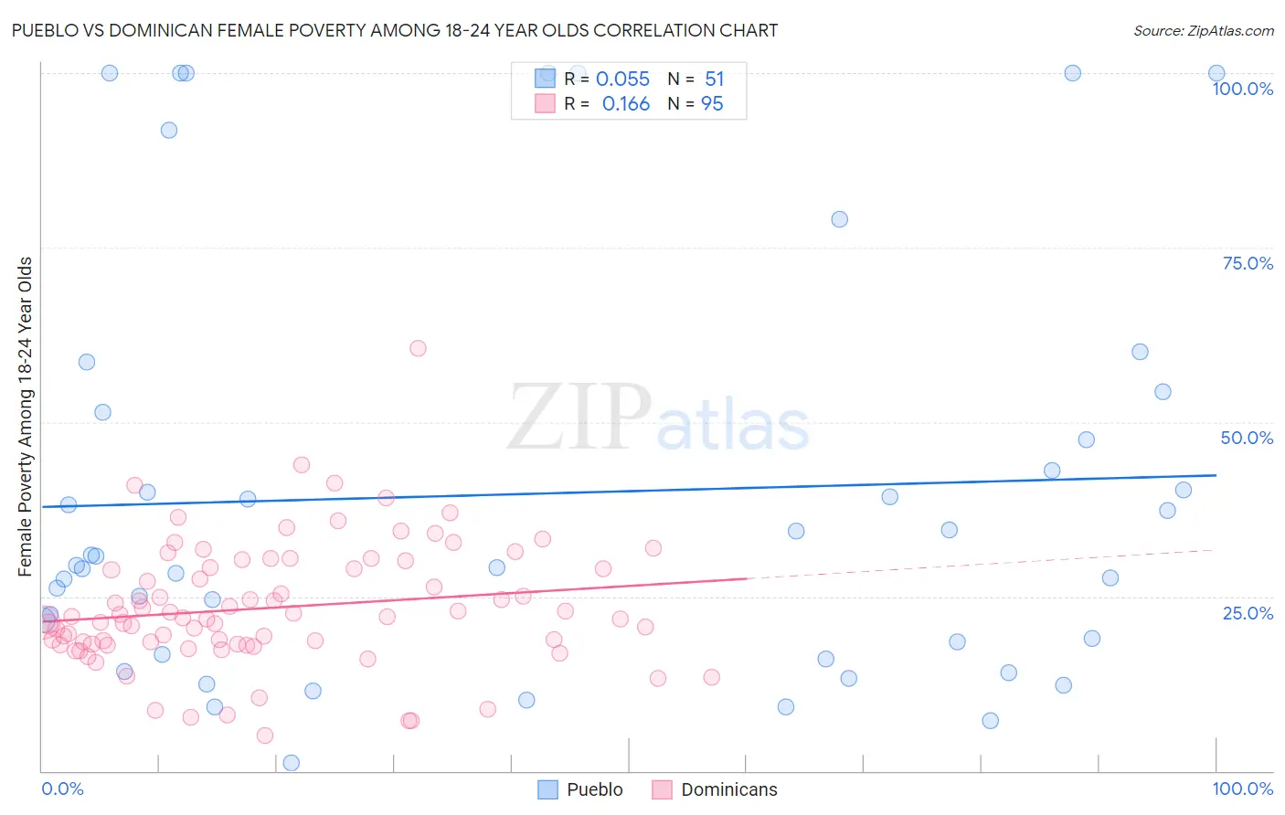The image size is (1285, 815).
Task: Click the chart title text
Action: click(x=395, y=30)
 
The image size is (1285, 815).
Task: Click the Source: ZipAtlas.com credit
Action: click(x=1203, y=30)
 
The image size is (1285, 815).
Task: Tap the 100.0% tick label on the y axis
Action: click(x=1242, y=89)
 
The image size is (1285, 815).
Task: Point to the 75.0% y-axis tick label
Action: click(x=1248, y=263)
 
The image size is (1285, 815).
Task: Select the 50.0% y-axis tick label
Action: click(x=1247, y=438)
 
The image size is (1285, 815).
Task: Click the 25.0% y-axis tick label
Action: click(x=1248, y=612)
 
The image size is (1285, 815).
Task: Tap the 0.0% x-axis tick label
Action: click(x=62, y=789)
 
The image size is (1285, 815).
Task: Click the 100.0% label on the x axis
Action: click(x=1242, y=789)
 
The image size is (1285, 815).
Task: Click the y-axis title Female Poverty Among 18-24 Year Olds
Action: click(x=26, y=417)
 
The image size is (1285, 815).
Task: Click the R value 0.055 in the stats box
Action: click(x=622, y=79)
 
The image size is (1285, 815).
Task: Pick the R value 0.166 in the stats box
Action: click(x=625, y=104)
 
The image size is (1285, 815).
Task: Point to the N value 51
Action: click(x=714, y=79)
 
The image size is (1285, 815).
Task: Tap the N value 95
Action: click(x=712, y=104)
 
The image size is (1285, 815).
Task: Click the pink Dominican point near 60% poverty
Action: click(x=418, y=348)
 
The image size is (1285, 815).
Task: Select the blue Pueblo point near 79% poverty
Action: click(x=839, y=219)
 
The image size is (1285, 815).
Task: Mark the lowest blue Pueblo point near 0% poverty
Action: click(x=292, y=763)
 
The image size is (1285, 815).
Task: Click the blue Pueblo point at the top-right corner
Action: click(x=1216, y=73)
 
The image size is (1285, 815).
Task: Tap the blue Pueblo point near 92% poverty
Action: click(x=169, y=130)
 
